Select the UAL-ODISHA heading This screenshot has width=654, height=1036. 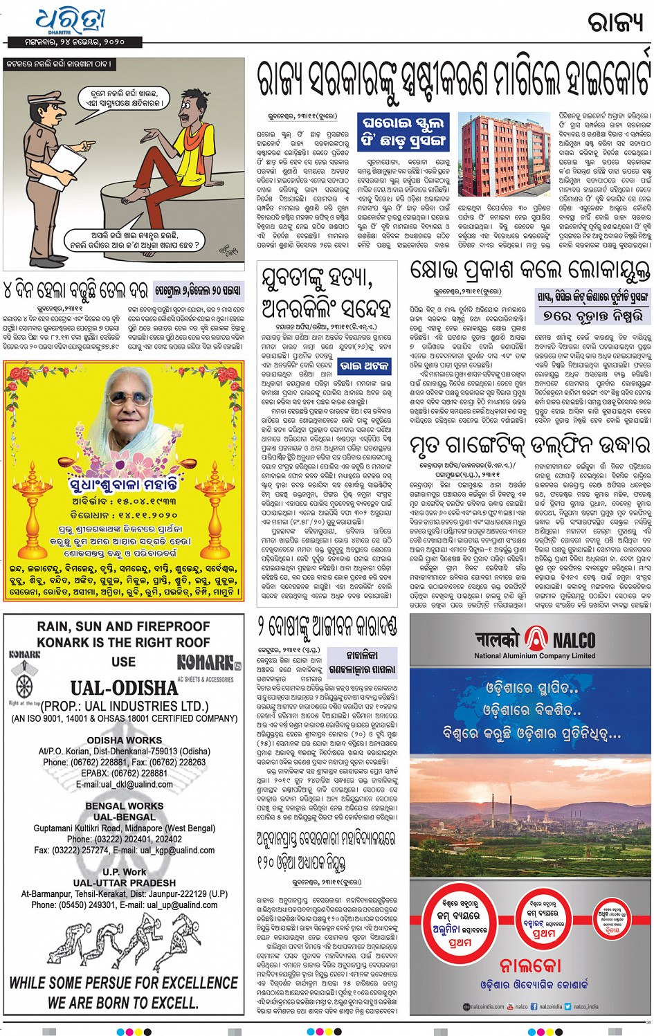124,688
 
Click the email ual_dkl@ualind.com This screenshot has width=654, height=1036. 125,784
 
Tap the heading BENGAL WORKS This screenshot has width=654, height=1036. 124,806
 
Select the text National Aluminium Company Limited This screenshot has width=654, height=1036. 534,655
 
